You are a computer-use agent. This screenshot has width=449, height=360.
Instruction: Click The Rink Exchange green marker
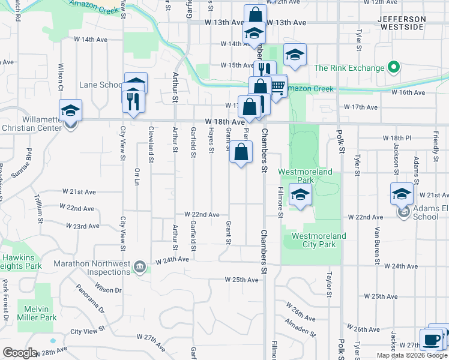click(394, 67)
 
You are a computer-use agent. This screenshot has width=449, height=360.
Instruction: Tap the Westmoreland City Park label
click(319, 240)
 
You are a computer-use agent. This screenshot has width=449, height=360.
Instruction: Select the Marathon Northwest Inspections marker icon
click(139, 266)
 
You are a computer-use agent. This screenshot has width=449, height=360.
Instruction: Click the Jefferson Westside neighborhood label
click(402, 23)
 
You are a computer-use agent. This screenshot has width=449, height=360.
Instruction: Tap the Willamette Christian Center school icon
click(70, 111)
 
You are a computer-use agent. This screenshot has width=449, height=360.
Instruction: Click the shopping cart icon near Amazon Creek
click(277, 86)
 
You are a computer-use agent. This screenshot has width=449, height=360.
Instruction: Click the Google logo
click(20, 352)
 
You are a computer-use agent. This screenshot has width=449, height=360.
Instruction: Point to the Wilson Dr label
click(108, 290)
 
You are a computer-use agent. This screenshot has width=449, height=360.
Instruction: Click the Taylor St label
click(329, 284)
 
